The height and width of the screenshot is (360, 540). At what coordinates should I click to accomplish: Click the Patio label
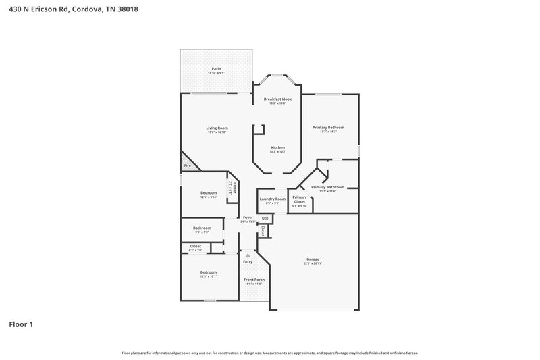(x=216, y=68)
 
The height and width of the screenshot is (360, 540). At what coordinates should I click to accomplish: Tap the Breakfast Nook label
(x=277, y=99)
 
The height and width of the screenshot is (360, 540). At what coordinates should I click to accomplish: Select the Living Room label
(x=217, y=128)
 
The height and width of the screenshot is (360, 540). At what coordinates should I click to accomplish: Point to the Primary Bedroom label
(x=328, y=127)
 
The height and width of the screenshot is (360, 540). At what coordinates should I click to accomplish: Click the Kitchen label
(x=277, y=147)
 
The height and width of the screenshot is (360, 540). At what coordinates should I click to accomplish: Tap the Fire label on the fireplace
(x=188, y=165)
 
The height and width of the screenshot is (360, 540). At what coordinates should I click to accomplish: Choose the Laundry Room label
(x=271, y=199)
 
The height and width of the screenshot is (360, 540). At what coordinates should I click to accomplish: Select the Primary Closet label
(x=299, y=199)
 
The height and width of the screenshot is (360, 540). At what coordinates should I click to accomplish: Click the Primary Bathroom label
(x=328, y=187)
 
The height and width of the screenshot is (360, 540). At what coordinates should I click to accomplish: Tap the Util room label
(x=265, y=218)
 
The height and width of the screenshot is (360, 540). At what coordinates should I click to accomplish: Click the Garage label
(x=313, y=259)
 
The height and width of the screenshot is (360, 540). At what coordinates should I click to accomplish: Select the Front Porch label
(x=254, y=279)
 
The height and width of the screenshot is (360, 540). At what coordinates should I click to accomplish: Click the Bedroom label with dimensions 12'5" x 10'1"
(x=208, y=272)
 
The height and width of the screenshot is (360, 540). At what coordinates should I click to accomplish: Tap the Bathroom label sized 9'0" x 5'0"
(x=202, y=228)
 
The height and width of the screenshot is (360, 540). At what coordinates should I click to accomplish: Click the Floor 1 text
(x=20, y=325)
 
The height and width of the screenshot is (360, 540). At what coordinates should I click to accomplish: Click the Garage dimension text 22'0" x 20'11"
(x=313, y=263)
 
